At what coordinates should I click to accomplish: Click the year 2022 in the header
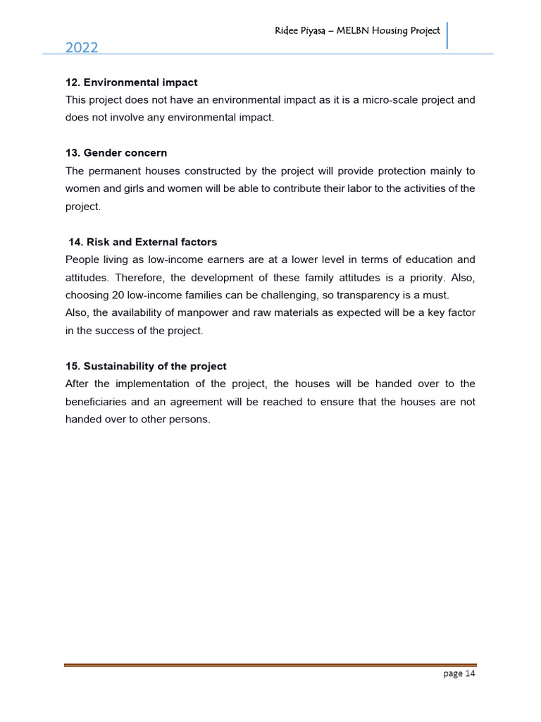coord(82,48)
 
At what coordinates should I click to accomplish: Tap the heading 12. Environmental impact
coord(131,82)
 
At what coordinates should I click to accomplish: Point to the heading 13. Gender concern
coord(116,153)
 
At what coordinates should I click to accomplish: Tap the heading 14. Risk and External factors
coord(142,242)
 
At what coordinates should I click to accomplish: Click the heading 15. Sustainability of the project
coord(146,367)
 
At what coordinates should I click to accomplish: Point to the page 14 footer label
coord(459,674)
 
